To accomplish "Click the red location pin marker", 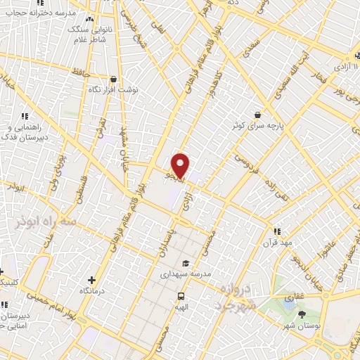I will [x=181, y=165].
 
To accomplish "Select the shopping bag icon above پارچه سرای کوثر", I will [x=258, y=114].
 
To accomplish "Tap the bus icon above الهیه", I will [x=181, y=296].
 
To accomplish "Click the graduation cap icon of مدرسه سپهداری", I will [x=186, y=263].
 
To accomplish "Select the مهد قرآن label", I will [x=277, y=243].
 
